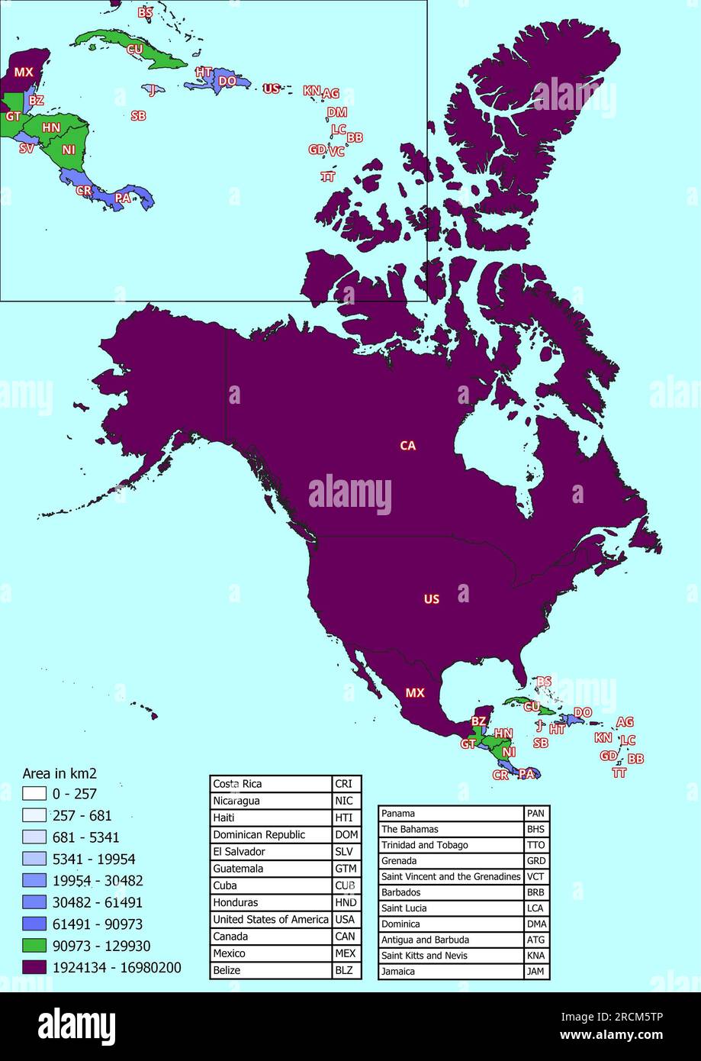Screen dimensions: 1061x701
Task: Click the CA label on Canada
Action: tap(408, 445)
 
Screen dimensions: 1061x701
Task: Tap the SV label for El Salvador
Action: tap(27, 148)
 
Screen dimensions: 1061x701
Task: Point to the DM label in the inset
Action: tap(336, 112)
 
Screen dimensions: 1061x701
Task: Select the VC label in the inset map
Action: tap(336, 151)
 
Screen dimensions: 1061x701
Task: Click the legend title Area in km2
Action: tap(59, 772)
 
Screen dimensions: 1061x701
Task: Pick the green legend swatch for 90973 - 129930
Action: tap(37, 946)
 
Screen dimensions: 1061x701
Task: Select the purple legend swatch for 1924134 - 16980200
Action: tap(37, 967)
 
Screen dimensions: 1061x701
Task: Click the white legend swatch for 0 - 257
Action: tap(37, 794)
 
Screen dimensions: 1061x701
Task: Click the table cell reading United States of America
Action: tap(271, 919)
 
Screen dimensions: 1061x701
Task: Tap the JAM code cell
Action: tap(536, 972)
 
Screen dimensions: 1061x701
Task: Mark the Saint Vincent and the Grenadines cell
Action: tap(451, 876)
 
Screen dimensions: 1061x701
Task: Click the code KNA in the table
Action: tap(536, 956)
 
